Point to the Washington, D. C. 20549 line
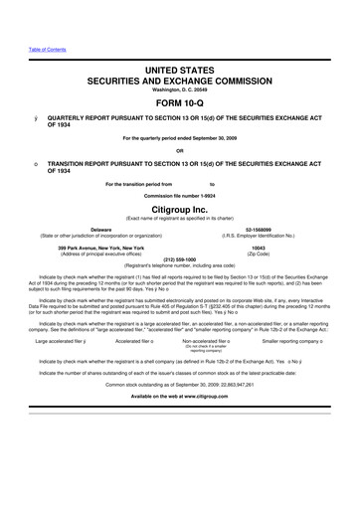point(179,86)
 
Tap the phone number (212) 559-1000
point(179,261)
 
